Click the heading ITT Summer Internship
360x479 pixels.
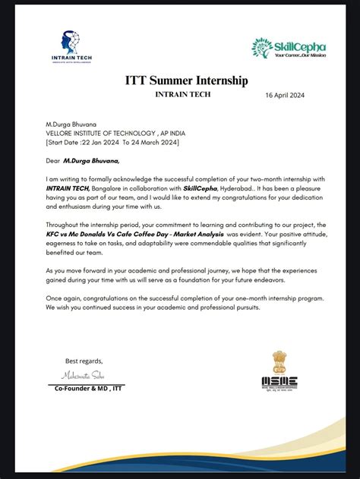(186, 80)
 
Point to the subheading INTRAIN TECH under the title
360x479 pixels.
(183, 95)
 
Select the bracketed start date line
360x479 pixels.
(112, 141)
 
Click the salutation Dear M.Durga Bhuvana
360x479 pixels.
(83, 160)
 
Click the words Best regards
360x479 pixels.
(84, 361)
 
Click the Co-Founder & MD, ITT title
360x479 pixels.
(88, 388)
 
